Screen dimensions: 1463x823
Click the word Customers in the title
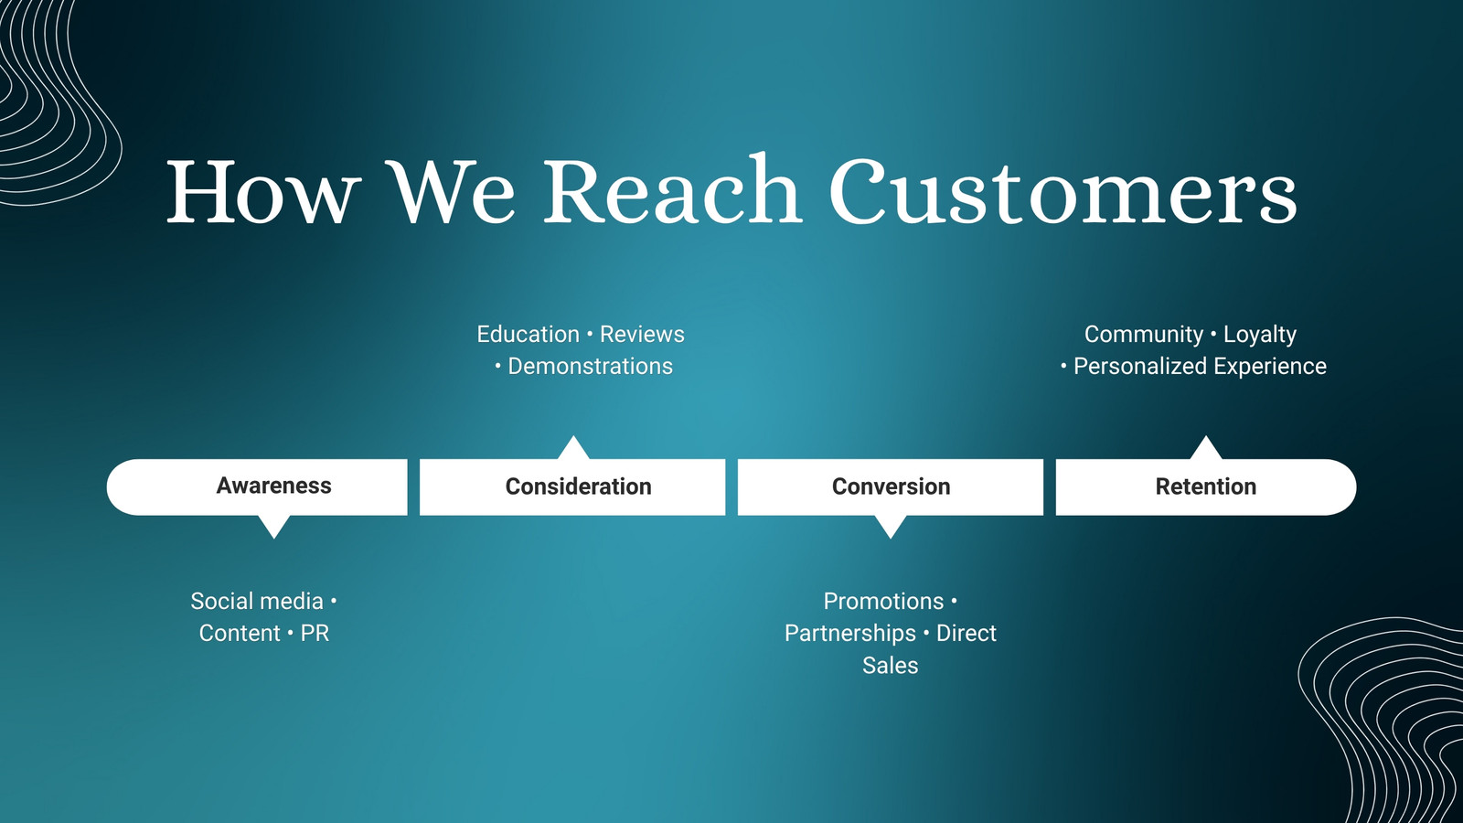click(x=1063, y=190)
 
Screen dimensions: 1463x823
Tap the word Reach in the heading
click(x=672, y=189)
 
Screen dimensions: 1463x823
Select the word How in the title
click(x=264, y=192)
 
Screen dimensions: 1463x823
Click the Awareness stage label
click(x=273, y=486)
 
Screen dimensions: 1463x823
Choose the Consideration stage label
click(x=578, y=486)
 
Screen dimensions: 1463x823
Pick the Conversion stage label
click(x=891, y=486)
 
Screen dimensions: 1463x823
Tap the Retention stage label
click(x=1206, y=486)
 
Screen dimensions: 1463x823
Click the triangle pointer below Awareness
click(x=274, y=526)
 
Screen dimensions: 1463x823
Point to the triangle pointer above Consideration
click(x=573, y=448)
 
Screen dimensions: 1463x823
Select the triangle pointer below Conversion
click(x=891, y=526)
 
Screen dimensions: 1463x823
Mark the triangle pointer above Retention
click(x=1206, y=448)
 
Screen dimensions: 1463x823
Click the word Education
click(x=528, y=334)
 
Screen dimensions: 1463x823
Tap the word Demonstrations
click(x=591, y=366)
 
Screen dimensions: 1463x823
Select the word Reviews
click(x=642, y=334)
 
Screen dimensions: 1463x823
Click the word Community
click(x=1144, y=335)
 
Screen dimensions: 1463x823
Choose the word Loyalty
click(x=1260, y=335)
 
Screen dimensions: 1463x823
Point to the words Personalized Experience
click(x=1200, y=367)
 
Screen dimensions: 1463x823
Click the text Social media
click(x=257, y=601)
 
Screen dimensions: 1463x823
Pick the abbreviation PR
click(x=315, y=633)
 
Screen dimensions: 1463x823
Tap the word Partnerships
click(x=849, y=634)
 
